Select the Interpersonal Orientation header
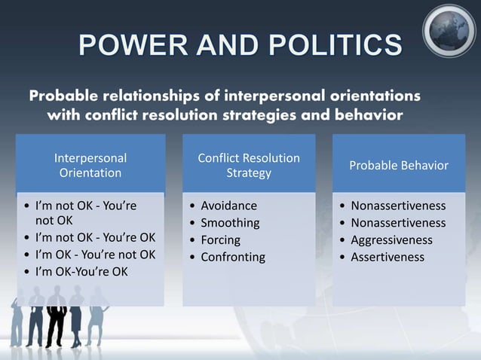click(90, 165)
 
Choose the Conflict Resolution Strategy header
click(249, 165)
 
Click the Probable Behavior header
click(398, 165)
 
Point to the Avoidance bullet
click(228, 206)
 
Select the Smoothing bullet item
click(229, 223)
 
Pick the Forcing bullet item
click(220, 240)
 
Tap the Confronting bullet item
click(233, 257)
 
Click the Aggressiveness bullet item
click(391, 240)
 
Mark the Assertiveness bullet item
click(388, 257)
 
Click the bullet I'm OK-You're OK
click(81, 272)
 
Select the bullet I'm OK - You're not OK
click(95, 255)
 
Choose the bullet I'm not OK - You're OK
click(95, 238)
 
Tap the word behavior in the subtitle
click(367, 116)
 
